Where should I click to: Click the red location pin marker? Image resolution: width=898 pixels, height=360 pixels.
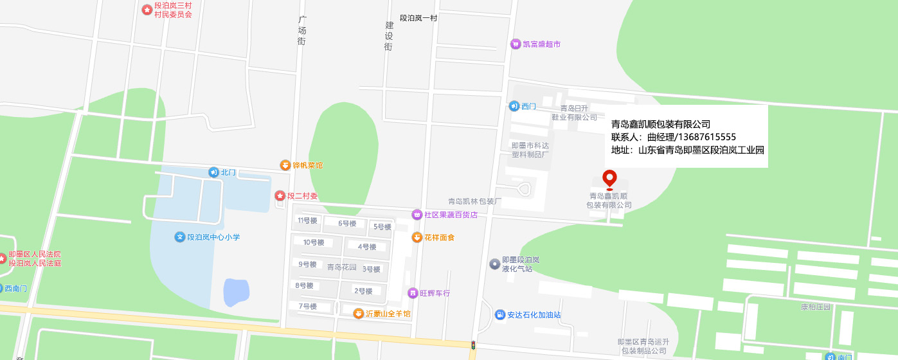(x=609, y=179)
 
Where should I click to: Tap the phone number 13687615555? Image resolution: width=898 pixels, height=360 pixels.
(x=704, y=137)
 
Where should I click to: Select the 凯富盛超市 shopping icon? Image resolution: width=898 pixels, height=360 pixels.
(x=515, y=44)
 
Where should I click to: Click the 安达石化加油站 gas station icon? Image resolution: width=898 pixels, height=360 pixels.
(x=499, y=314)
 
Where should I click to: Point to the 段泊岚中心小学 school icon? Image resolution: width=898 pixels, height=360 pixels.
(x=180, y=237)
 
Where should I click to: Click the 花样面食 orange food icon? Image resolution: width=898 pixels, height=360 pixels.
(x=417, y=237)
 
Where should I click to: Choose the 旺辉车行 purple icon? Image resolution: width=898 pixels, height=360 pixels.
(x=413, y=292)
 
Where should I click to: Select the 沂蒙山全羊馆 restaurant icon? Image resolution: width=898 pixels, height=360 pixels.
(x=359, y=313)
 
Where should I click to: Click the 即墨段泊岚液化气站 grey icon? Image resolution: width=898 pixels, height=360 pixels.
(x=494, y=264)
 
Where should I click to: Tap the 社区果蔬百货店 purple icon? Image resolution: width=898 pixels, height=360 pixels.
(x=417, y=214)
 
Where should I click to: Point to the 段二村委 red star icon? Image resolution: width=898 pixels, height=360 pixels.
(x=280, y=195)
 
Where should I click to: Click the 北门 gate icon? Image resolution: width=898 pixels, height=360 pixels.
(x=213, y=172)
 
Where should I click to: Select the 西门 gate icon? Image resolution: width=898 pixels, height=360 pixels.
(x=514, y=106)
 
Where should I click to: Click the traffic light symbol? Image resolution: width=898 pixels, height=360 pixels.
(x=474, y=345)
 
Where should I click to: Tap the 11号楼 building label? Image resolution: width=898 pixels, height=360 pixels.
(x=307, y=221)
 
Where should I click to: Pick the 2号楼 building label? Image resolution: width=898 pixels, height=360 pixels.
(x=363, y=291)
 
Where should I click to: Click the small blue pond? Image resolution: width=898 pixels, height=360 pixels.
(x=236, y=292)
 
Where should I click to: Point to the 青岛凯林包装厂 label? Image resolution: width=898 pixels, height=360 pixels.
(x=474, y=201)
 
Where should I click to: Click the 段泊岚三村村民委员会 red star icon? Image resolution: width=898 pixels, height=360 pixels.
(x=147, y=10)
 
